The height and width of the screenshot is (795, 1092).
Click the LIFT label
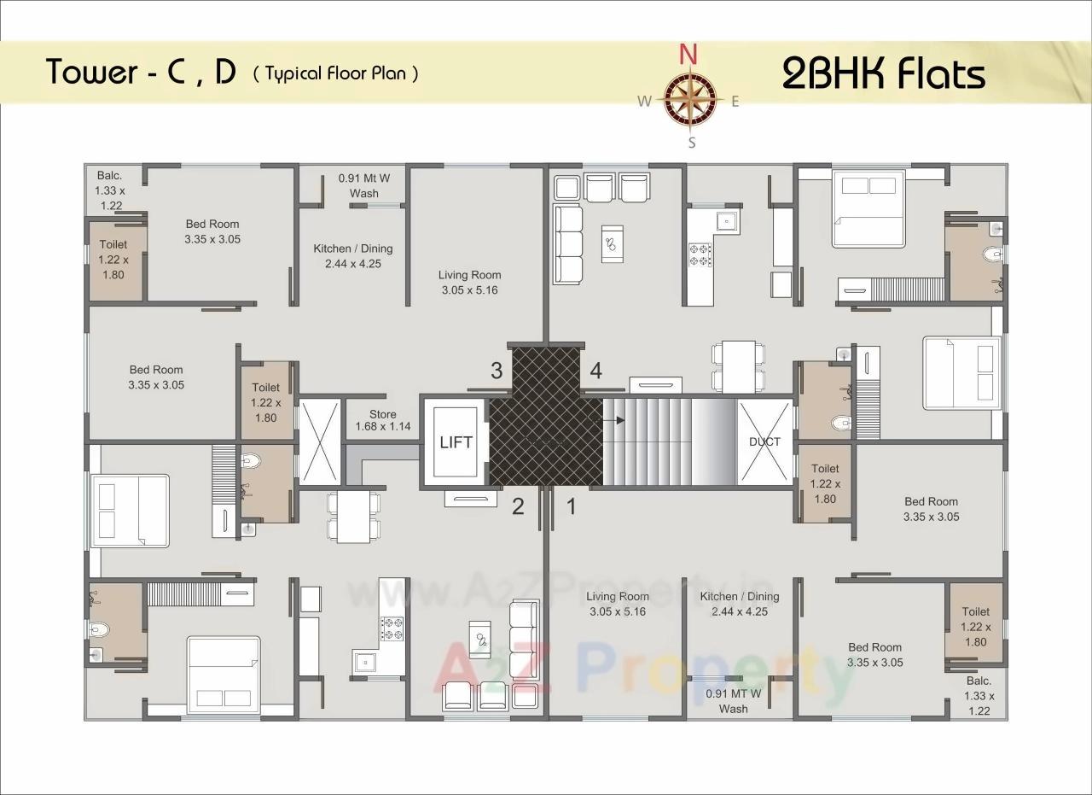tap(456, 442)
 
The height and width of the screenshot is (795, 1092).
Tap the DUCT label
tap(764, 441)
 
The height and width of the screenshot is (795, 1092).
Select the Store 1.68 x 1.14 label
tap(383, 420)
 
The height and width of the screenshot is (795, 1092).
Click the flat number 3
tap(496, 371)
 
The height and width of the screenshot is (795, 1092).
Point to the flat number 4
tap(595, 371)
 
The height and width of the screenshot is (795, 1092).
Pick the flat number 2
tap(518, 506)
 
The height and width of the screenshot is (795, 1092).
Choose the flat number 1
tap(572, 506)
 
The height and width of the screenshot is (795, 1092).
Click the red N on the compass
tap(688, 55)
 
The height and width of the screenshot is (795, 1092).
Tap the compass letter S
tap(692, 143)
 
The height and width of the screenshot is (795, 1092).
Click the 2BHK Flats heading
tap(884, 74)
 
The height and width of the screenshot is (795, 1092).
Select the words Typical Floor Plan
tap(335, 73)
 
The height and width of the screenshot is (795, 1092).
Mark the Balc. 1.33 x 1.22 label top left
tap(110, 190)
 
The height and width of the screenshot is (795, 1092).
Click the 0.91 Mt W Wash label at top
tap(364, 185)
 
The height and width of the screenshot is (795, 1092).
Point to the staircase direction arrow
tap(615, 420)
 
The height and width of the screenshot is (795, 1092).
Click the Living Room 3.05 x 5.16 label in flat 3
tap(469, 283)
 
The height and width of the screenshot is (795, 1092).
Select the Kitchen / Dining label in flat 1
tap(740, 604)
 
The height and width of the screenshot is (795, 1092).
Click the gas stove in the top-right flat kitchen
tap(700, 253)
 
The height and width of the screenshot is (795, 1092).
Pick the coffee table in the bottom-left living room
tap(483, 640)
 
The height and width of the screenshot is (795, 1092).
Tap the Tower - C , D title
tap(142, 73)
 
